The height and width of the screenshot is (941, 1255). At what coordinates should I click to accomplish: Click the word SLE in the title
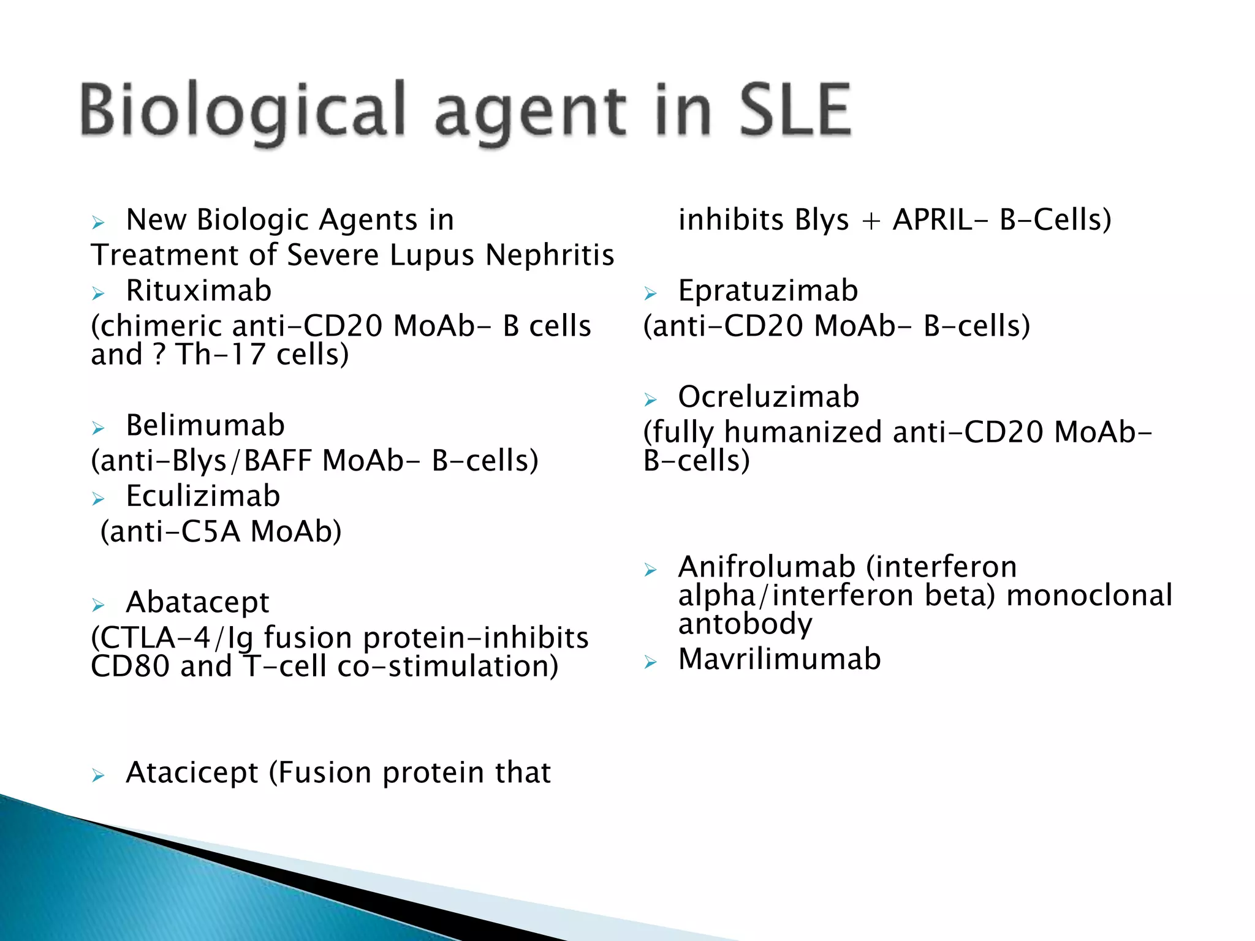coord(795,110)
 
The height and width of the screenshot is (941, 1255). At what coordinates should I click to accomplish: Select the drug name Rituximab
coord(199,290)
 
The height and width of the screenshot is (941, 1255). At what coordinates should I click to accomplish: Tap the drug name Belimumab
coord(205,425)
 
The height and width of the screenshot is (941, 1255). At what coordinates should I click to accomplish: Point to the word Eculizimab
coord(203,496)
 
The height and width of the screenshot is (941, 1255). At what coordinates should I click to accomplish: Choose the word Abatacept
coord(197,602)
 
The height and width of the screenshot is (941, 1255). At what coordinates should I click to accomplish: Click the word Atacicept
coord(192,773)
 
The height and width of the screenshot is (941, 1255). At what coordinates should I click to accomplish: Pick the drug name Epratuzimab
coord(768,290)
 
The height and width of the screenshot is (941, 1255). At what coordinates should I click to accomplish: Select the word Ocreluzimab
coord(768,397)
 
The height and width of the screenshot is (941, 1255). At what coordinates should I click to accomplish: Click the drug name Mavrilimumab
coord(779,659)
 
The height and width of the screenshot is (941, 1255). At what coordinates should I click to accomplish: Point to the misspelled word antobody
coord(745,624)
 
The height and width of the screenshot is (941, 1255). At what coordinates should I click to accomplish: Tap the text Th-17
coord(221,354)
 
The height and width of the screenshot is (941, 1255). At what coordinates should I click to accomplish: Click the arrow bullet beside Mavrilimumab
coord(650,662)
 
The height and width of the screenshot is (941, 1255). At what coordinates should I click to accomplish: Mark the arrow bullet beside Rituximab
coord(98,293)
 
